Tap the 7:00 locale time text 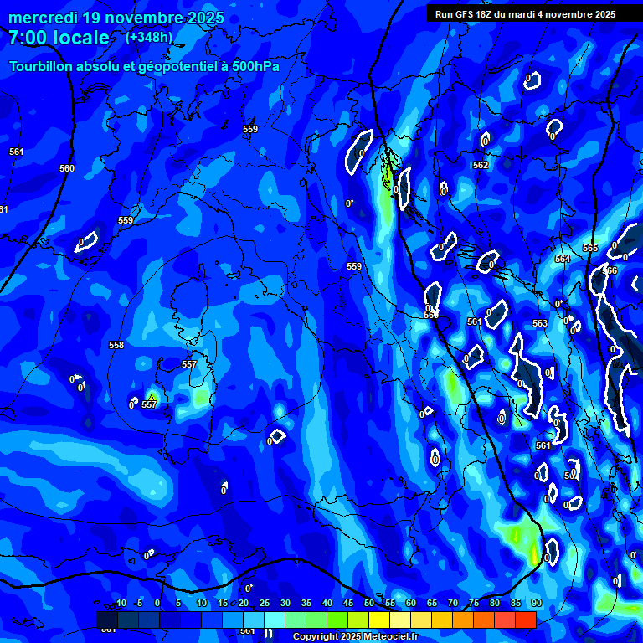[x=59, y=39]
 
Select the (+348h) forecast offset [x=149, y=38]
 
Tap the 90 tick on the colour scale [x=536, y=604]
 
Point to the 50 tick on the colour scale [x=370, y=604]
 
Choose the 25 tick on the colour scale [x=265, y=604]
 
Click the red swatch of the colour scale [x=525, y=620]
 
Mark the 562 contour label [x=481, y=166]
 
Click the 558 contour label [x=116, y=345]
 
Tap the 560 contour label [x=67, y=168]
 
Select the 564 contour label [x=563, y=260]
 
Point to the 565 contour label [x=590, y=248]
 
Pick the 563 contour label [x=540, y=323]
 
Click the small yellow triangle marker [x=151, y=397]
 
